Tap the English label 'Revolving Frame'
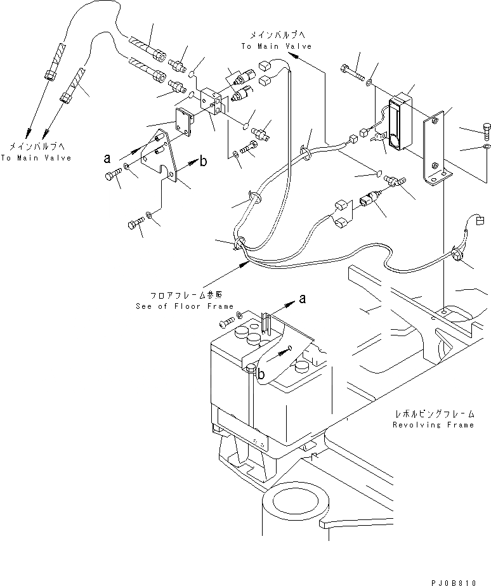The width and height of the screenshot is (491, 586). (433, 425)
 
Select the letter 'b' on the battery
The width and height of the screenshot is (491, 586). (260, 374)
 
